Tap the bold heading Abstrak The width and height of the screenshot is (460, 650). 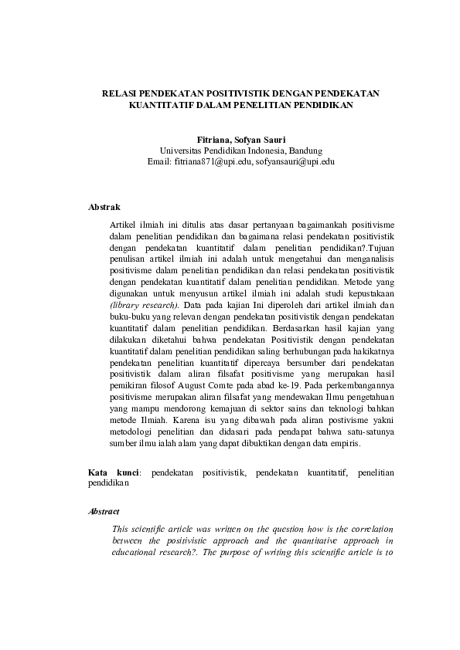[104, 207]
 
